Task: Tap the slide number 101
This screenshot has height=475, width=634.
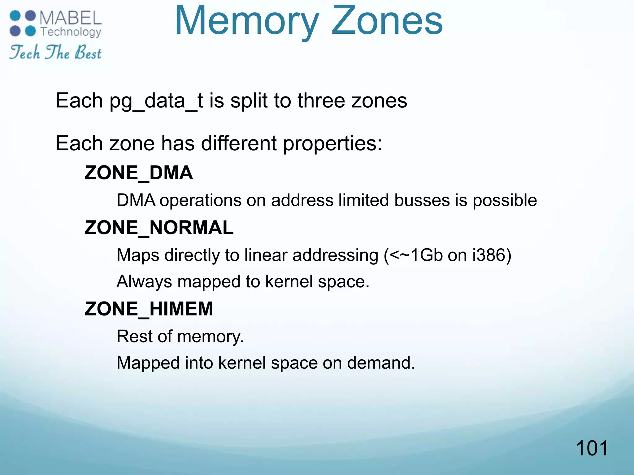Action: tap(592, 448)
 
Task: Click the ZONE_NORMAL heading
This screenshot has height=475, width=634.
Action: tap(159, 228)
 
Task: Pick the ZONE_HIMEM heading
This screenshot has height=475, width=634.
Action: tap(149, 309)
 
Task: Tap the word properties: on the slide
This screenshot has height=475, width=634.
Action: tap(332, 144)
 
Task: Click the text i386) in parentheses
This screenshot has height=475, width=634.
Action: tap(492, 255)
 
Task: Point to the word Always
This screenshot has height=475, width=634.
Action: tap(144, 282)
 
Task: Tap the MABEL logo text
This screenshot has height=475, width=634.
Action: tap(71, 18)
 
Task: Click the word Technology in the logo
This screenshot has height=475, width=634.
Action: tap(71, 32)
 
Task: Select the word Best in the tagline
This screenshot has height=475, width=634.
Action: tap(88, 53)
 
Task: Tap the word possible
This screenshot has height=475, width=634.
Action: tap(505, 201)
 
